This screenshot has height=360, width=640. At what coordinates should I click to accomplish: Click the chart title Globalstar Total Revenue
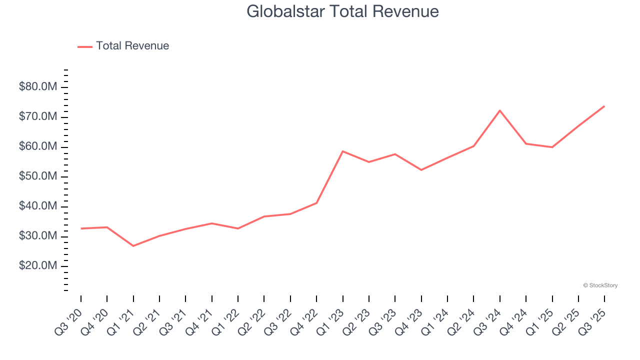point(342,11)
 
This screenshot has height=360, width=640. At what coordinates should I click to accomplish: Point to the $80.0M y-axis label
point(38,87)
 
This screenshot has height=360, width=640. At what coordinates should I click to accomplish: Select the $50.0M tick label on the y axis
point(38,176)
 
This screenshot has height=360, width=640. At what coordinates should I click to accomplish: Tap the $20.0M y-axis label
point(38,266)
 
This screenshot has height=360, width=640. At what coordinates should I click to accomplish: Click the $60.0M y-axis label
point(38,147)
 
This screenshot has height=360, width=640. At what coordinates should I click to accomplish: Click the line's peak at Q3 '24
point(499,110)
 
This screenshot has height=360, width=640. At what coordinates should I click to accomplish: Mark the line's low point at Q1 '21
point(133,246)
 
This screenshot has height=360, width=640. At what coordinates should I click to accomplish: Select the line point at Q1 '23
point(342,151)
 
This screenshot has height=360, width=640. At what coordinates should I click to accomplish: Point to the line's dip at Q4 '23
point(421,170)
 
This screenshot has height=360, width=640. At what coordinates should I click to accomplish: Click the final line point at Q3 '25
point(604,106)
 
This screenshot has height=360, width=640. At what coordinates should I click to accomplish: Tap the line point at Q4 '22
point(316,203)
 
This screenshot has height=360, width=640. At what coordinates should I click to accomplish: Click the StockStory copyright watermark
point(600,285)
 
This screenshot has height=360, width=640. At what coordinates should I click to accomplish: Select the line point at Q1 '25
point(552,147)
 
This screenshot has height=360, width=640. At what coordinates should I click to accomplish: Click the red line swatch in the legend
point(85,46)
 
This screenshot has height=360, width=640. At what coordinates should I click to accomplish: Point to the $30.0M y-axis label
point(38,236)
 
